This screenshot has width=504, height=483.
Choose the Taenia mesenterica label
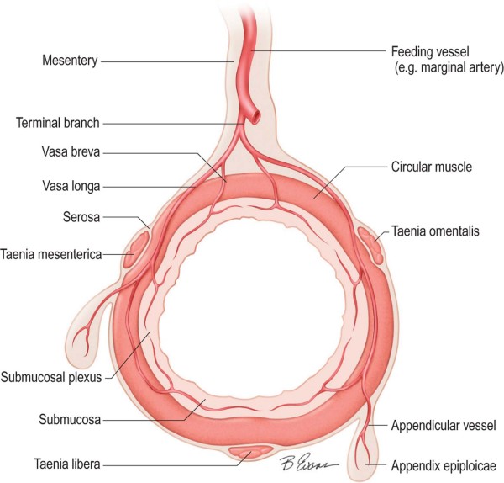click(x=53, y=251)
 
